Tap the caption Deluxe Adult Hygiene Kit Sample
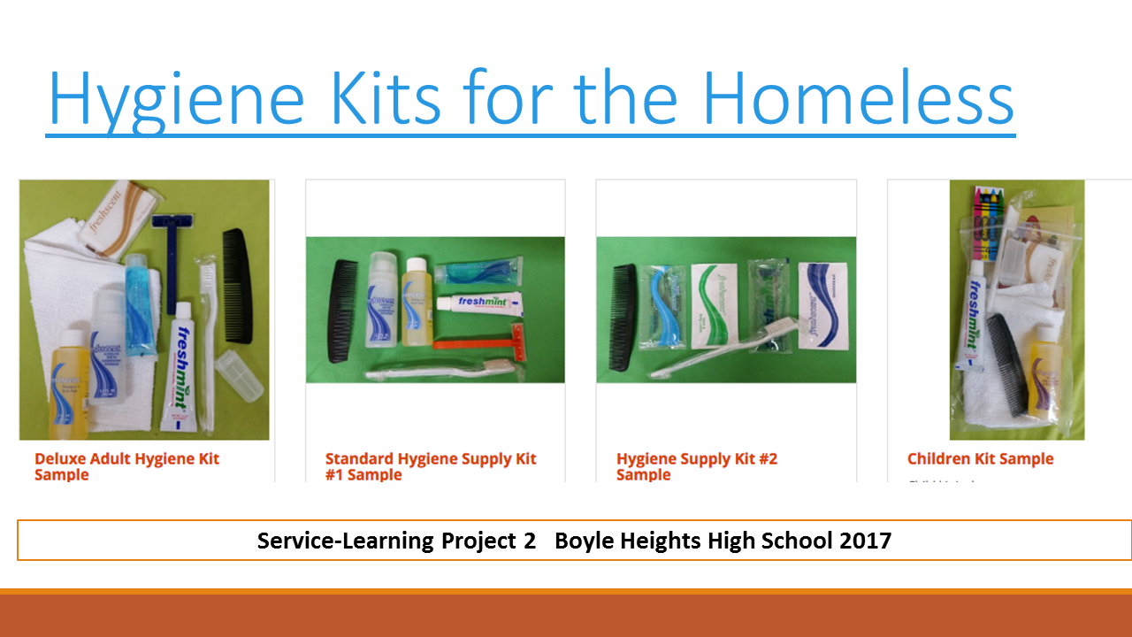click(126, 466)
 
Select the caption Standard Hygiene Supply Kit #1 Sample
click(431, 466)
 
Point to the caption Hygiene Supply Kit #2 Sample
click(697, 466)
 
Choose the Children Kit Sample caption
click(980, 458)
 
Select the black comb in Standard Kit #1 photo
click(340, 310)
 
